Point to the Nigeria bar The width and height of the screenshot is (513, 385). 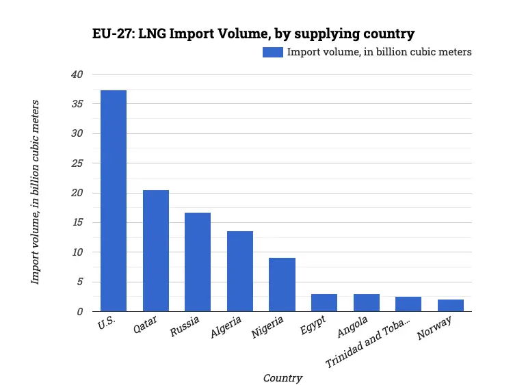(282, 284)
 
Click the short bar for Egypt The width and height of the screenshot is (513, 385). (324, 302)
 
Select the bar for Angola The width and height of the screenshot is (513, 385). (367, 302)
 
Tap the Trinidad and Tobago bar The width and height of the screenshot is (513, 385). (408, 304)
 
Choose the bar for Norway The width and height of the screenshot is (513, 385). (451, 305)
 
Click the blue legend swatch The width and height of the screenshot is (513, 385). (273, 52)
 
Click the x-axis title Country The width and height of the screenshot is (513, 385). (282, 377)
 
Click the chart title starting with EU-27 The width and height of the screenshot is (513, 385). (253, 34)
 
